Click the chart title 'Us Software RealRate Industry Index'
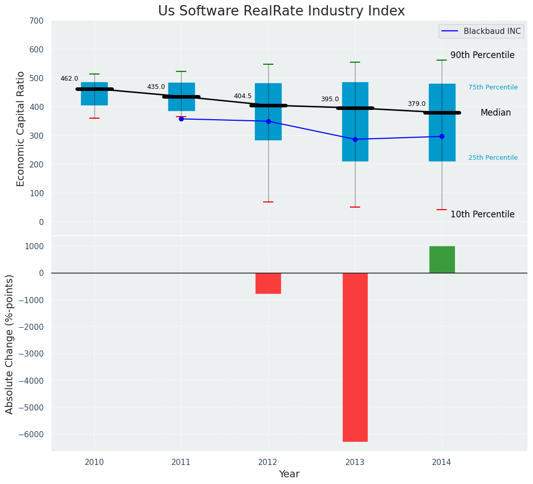point(281,11)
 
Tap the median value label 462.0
point(69,79)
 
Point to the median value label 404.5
point(243,96)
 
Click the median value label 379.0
point(417,104)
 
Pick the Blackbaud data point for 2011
point(181,119)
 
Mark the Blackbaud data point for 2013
point(355,139)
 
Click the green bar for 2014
point(442,259)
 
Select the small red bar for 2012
point(268,283)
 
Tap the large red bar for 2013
point(355,357)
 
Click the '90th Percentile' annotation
point(482,55)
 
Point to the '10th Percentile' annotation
point(482,214)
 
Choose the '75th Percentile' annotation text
point(493,87)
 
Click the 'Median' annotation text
point(496,113)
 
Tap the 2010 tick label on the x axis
point(94,462)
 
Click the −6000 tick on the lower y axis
point(31,434)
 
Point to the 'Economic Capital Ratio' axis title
point(21,129)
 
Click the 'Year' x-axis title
point(289,474)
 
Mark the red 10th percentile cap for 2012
point(268,202)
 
